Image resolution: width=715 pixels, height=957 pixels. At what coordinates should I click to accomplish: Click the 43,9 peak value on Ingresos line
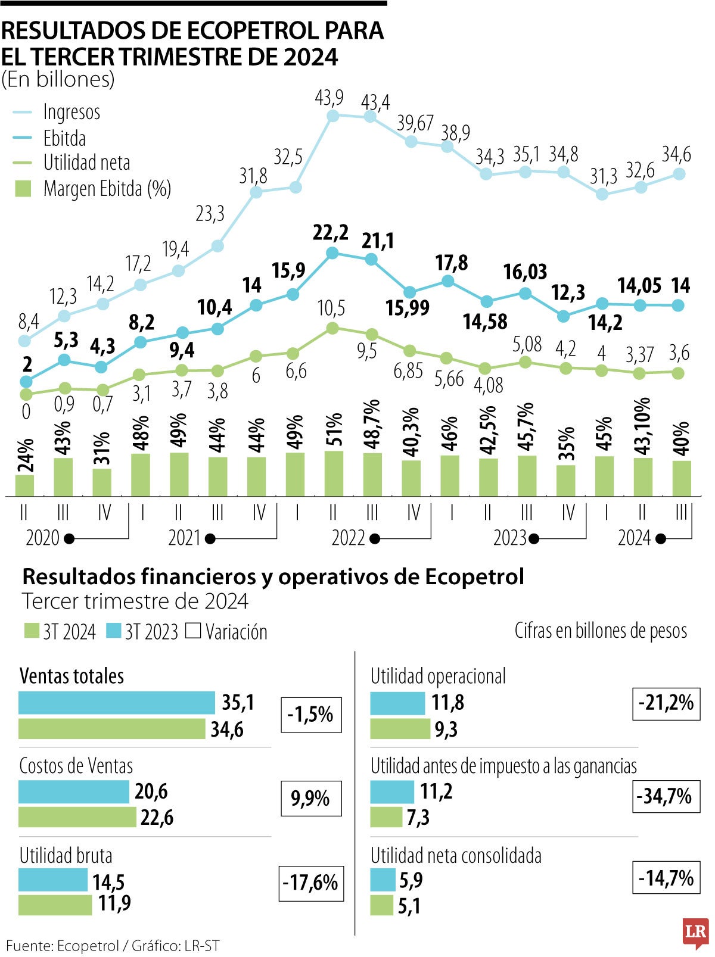click(x=329, y=98)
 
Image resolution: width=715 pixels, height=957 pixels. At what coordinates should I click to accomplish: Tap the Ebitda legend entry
click(x=64, y=138)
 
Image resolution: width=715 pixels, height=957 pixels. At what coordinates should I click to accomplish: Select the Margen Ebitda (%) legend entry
click(x=107, y=189)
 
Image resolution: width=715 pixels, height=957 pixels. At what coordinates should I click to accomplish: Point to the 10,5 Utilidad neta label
click(x=331, y=308)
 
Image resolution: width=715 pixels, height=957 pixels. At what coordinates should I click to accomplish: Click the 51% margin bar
click(x=334, y=473)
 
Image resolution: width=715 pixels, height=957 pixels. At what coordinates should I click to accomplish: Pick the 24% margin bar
click(x=24, y=485)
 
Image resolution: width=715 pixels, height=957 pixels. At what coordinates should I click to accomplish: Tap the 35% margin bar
click(x=565, y=480)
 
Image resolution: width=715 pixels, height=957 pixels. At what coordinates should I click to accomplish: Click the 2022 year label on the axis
click(x=348, y=538)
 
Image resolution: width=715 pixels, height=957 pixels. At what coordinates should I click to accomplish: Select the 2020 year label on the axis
click(x=42, y=538)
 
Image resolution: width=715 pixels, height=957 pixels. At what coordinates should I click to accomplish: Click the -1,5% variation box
click(x=311, y=715)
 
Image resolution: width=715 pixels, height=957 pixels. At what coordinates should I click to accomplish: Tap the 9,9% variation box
click(x=311, y=799)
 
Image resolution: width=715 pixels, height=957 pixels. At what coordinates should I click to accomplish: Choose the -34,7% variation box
click(x=666, y=796)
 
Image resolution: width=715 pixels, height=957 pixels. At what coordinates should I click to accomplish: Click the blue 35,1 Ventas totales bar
click(x=116, y=703)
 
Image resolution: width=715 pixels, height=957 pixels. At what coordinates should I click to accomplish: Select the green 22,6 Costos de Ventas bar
click(x=77, y=817)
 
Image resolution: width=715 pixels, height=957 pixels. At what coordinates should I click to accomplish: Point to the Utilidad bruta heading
click(x=66, y=856)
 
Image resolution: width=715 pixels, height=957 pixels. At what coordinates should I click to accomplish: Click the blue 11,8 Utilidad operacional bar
click(x=397, y=703)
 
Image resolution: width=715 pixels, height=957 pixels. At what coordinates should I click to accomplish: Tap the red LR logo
click(x=695, y=931)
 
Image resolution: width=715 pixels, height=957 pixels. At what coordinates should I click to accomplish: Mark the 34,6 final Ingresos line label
click(x=676, y=155)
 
